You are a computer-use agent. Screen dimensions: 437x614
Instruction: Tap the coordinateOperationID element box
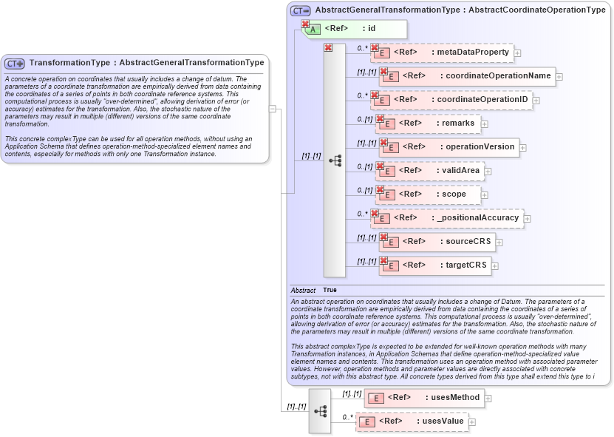pyautogui.click(x=451, y=99)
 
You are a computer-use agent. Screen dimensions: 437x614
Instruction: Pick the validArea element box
pyautogui.click(x=431, y=171)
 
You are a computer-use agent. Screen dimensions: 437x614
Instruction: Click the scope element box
pyautogui.click(x=428, y=194)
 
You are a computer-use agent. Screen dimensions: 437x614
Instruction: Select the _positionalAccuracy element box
pyautogui.click(x=448, y=217)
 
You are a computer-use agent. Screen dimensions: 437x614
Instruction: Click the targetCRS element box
pyautogui.click(x=435, y=265)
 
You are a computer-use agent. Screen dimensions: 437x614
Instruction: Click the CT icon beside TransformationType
pyautogui.click(x=15, y=64)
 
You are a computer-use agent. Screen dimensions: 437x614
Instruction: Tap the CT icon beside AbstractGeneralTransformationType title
pyautogui.click(x=300, y=10)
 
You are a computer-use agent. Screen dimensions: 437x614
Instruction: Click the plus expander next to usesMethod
pyautogui.click(x=488, y=398)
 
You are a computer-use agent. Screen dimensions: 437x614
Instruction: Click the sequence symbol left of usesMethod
pyautogui.click(x=320, y=410)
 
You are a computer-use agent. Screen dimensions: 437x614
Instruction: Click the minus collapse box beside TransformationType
pyautogui.click(x=273, y=109)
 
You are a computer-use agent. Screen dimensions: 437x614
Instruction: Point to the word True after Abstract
pyautogui.click(x=330, y=290)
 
